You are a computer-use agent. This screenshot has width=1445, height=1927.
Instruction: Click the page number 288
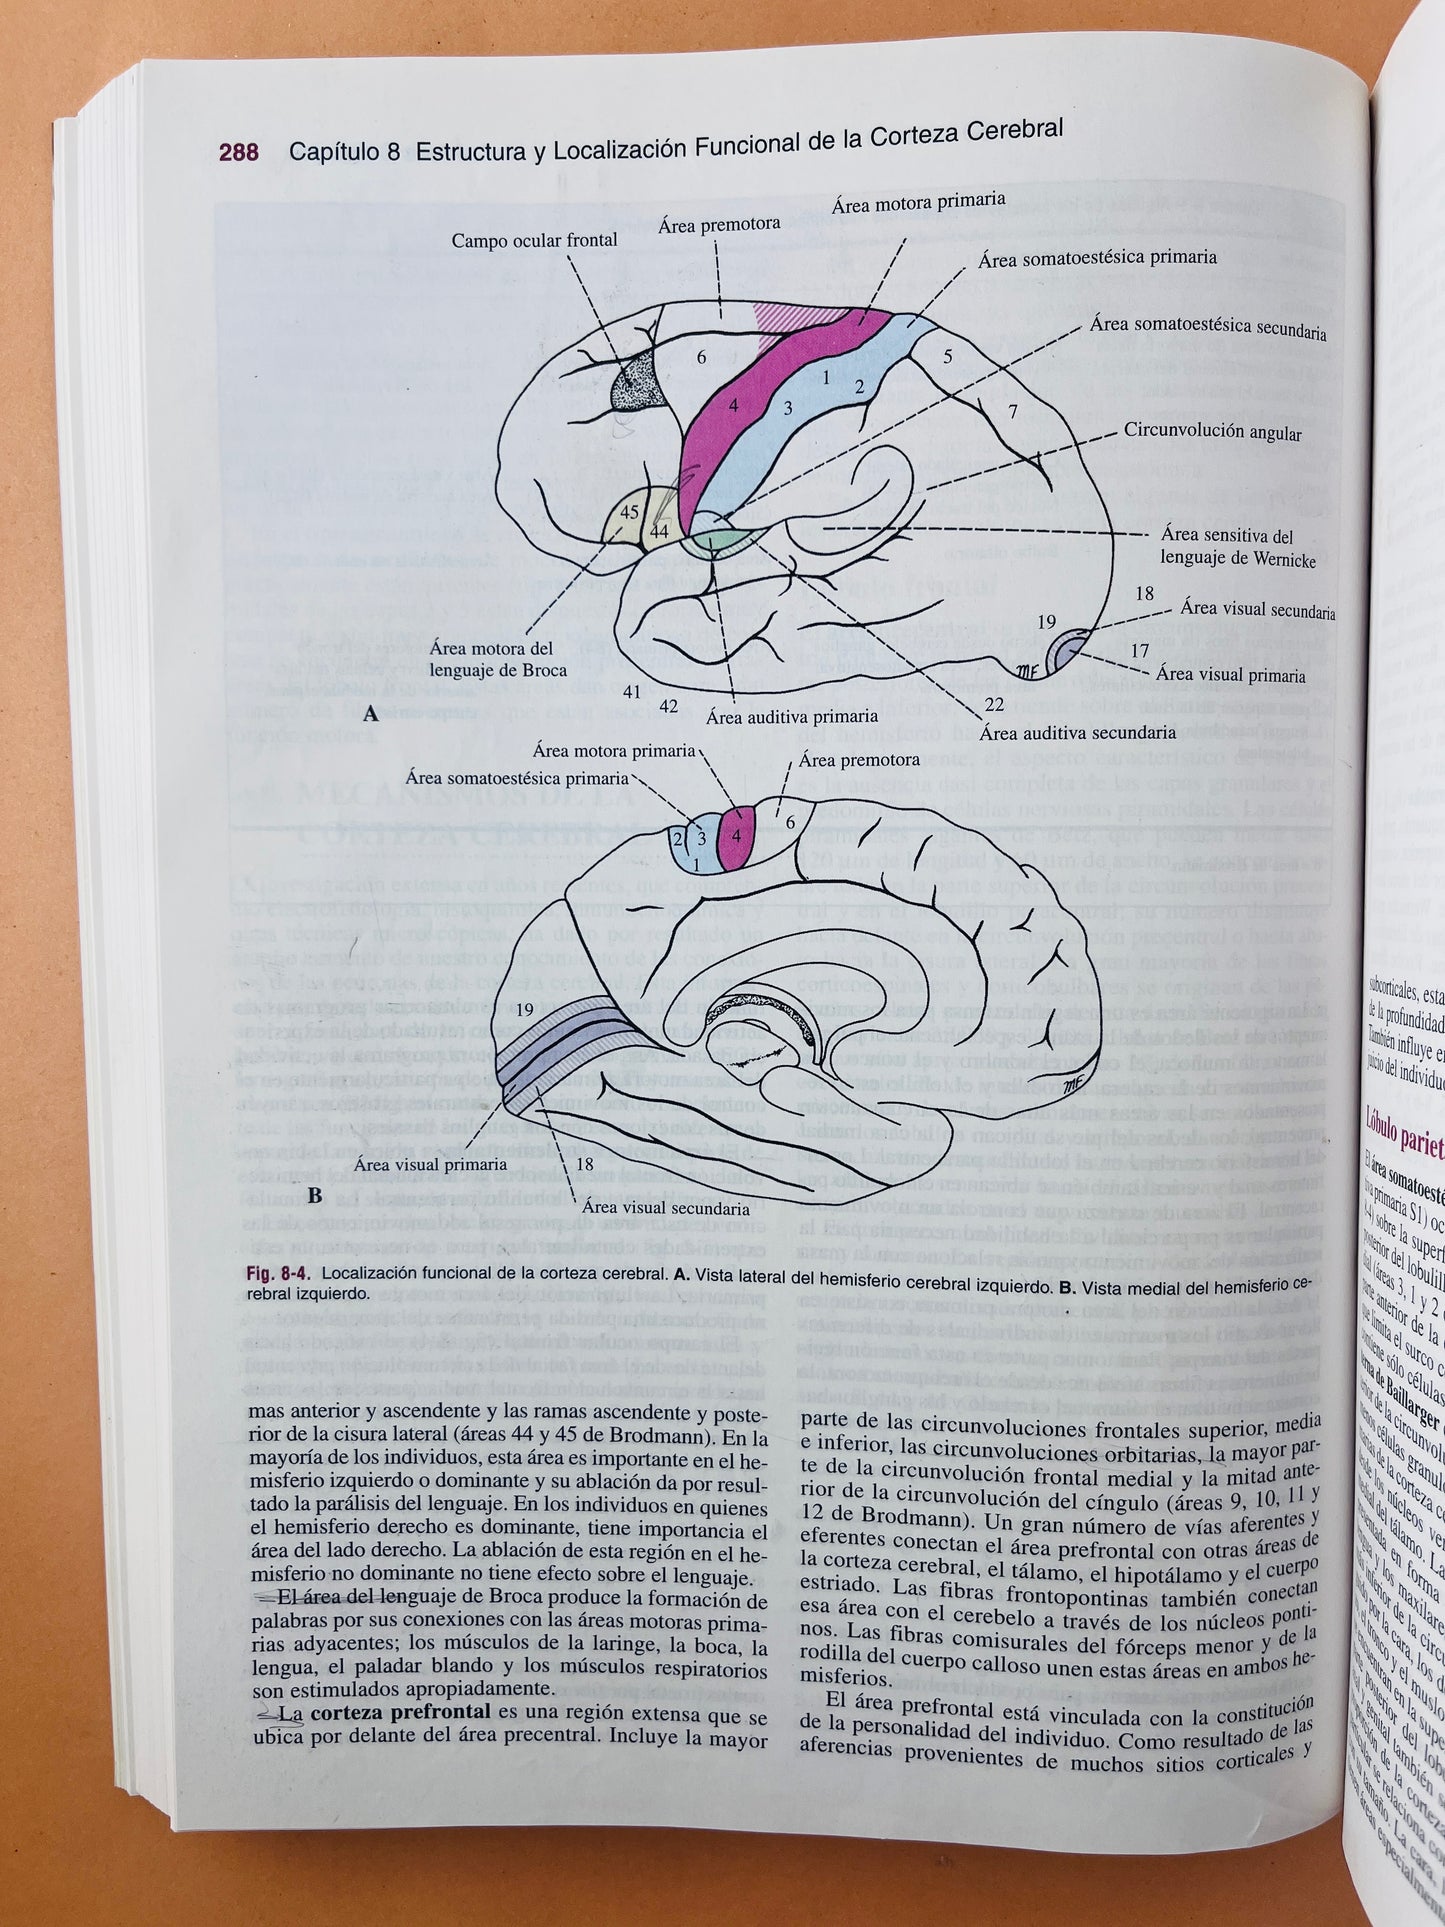click(x=238, y=152)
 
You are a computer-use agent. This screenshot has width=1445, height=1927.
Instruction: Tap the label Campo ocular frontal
click(x=534, y=241)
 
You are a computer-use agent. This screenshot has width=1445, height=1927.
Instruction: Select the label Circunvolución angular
click(x=1212, y=434)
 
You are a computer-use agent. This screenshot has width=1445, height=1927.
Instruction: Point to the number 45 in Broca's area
click(x=630, y=513)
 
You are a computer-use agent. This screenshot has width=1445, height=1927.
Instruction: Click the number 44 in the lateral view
click(x=659, y=532)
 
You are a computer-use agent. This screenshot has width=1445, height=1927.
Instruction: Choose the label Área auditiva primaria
click(x=791, y=716)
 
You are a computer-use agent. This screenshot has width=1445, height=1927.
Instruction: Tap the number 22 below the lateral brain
click(x=993, y=704)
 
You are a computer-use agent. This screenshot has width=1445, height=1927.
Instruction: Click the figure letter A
click(x=370, y=714)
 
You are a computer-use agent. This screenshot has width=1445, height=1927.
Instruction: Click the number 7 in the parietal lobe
click(x=1012, y=411)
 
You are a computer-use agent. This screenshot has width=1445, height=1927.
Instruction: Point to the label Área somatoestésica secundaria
click(x=1208, y=327)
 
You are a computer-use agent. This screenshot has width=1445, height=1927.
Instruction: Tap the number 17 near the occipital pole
click(x=1139, y=650)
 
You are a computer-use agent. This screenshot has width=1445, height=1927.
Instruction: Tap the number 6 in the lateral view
click(x=701, y=357)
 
